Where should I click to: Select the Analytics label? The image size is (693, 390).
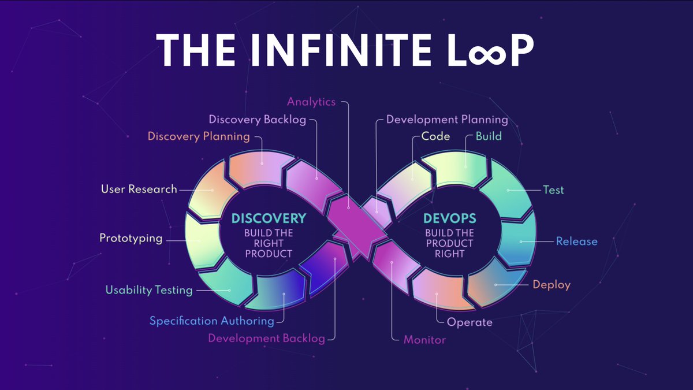point(311,102)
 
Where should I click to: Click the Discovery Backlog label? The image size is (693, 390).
point(257,120)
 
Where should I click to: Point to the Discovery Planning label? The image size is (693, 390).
point(199,137)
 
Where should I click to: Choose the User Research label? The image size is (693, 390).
point(139,189)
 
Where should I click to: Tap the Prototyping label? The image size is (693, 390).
point(131,238)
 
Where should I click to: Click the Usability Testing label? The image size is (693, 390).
point(149,289)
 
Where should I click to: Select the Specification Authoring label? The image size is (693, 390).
point(212,321)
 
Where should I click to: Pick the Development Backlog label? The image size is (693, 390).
point(267,338)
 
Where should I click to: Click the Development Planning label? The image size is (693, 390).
point(447,120)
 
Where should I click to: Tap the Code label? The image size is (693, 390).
point(436,137)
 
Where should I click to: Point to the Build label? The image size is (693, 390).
point(489,137)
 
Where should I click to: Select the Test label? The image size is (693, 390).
point(553,190)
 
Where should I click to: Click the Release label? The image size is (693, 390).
point(576,241)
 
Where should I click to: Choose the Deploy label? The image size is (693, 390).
point(552,284)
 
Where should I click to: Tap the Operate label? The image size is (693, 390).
point(470,322)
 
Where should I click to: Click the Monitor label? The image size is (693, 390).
point(424,340)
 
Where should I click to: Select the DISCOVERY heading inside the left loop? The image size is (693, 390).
point(269,219)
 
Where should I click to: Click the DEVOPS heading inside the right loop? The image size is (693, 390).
point(449,219)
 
